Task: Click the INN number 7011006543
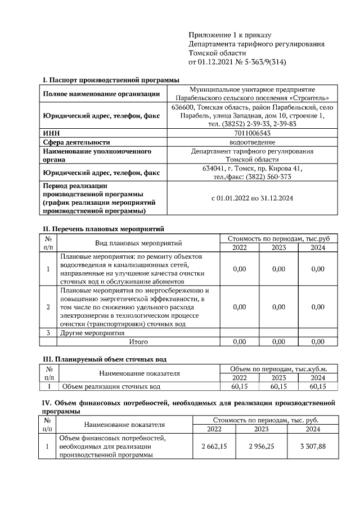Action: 252,133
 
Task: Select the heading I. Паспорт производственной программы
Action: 107,80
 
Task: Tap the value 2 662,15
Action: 214,446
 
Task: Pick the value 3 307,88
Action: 312,446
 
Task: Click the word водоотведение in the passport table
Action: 252,142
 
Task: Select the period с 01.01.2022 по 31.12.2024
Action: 252,198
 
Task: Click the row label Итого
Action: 138,341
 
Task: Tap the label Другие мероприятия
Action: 92,333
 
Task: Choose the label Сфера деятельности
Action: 76,142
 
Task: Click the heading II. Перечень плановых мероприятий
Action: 103,229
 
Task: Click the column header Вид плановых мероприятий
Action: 138,243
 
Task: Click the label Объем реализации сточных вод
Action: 111,386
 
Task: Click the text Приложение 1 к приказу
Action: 222,35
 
